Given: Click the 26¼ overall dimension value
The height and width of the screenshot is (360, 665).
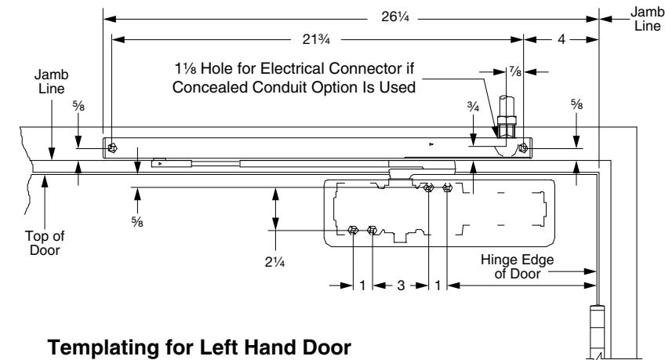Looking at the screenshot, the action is [395, 17].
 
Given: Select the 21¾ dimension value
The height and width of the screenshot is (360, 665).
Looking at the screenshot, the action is [316, 39].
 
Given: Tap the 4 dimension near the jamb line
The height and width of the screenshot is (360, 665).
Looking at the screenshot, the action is [561, 39].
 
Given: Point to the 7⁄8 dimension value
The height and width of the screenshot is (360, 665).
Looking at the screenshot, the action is [515, 71].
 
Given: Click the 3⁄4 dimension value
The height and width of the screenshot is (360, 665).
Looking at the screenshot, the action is [474, 107].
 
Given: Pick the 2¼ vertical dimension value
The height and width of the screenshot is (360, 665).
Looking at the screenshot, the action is [274, 262].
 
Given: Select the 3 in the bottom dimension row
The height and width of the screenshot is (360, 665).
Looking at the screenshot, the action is [401, 285].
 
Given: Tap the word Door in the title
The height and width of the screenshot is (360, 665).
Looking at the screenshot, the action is [326, 347].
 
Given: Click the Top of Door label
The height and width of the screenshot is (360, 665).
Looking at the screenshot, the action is [45, 243].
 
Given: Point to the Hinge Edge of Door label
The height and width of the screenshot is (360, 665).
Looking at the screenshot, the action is [517, 267].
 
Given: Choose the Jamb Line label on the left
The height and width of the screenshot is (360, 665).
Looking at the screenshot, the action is [51, 82].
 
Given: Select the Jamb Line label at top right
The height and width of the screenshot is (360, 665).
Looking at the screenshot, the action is [647, 19].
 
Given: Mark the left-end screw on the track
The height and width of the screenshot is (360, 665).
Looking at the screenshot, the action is [112, 148].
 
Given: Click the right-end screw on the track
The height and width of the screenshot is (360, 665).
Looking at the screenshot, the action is [523, 147].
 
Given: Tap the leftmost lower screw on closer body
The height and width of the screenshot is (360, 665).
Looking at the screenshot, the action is [353, 231].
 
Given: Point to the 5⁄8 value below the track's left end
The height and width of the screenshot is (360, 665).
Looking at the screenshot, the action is [137, 221].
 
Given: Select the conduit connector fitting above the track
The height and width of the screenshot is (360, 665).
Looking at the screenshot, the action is [507, 117].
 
